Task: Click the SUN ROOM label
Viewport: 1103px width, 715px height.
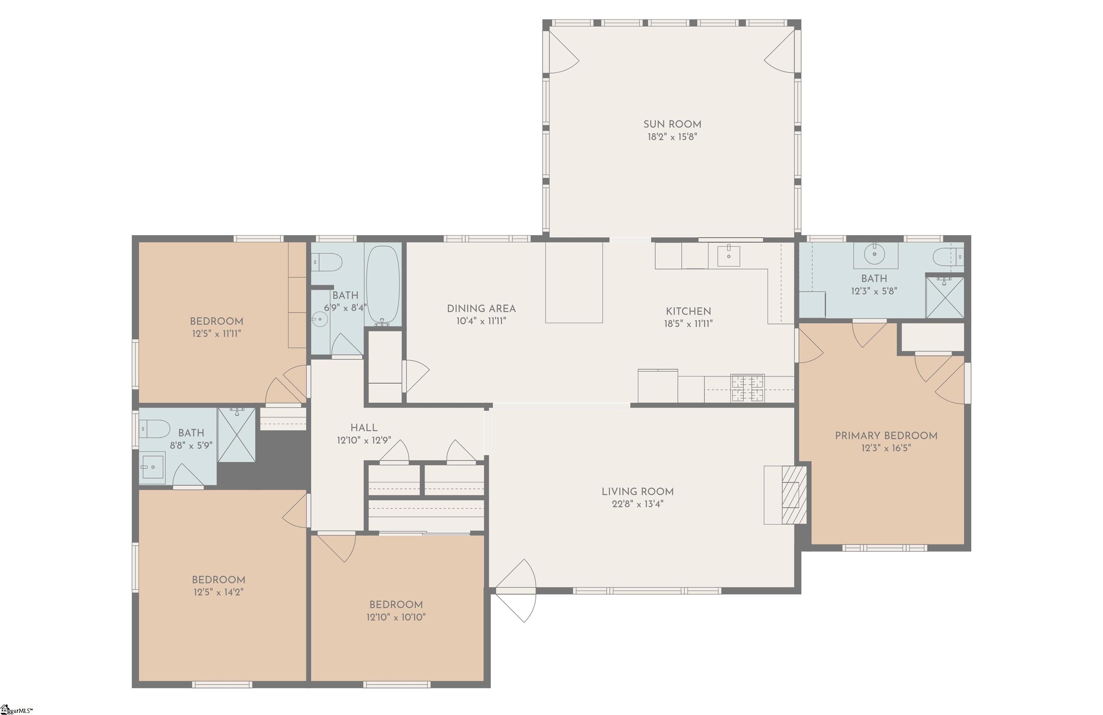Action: coord(672,124)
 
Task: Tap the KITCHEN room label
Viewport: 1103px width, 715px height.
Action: coord(688,312)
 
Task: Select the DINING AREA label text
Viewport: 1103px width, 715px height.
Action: coord(481,309)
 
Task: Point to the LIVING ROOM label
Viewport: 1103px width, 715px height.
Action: coord(637,492)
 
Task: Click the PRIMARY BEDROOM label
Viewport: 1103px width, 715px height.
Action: coord(886,436)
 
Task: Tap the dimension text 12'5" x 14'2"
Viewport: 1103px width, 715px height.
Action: coord(218,592)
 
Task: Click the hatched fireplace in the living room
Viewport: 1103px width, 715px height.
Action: coord(794,495)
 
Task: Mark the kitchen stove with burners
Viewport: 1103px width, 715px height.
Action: coord(748,388)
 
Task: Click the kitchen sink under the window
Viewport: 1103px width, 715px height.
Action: coord(729,256)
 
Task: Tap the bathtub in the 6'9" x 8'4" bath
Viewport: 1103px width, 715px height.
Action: coord(383,285)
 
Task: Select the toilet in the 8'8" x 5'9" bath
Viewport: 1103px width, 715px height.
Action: coord(155,429)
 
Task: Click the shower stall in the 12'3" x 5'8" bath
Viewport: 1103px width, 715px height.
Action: coord(945,298)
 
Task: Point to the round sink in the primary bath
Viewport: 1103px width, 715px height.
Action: coord(875,254)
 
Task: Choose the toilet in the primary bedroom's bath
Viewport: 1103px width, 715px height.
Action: coord(948,256)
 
